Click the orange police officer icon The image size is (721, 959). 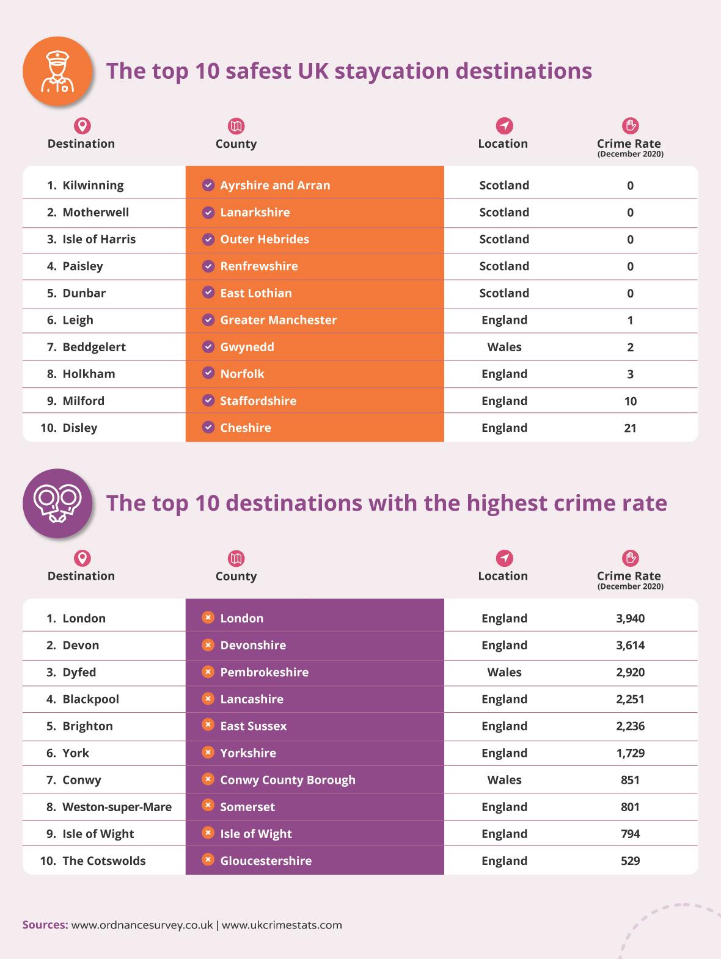click(57, 71)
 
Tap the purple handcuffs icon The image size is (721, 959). click(57, 504)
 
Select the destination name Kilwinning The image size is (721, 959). click(93, 185)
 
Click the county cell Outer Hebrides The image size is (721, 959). click(265, 239)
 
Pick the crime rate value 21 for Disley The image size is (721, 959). click(630, 428)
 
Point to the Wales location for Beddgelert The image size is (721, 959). click(504, 347)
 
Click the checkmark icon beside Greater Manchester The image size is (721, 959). click(208, 319)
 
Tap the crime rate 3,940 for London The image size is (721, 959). click(630, 618)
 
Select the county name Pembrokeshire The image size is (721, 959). click(264, 672)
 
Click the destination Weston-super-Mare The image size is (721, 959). click(117, 807)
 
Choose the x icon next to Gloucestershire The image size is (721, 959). click(208, 860)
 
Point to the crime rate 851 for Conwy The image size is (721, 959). click(630, 780)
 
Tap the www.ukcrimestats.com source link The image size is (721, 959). click(282, 925)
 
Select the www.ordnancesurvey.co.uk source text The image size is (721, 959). click(142, 925)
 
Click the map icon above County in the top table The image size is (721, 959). click(236, 126)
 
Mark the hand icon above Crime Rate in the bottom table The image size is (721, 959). click(630, 558)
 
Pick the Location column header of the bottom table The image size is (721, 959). click(503, 576)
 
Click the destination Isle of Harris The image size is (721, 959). click(99, 239)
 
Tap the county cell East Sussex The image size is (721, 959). click(253, 726)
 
